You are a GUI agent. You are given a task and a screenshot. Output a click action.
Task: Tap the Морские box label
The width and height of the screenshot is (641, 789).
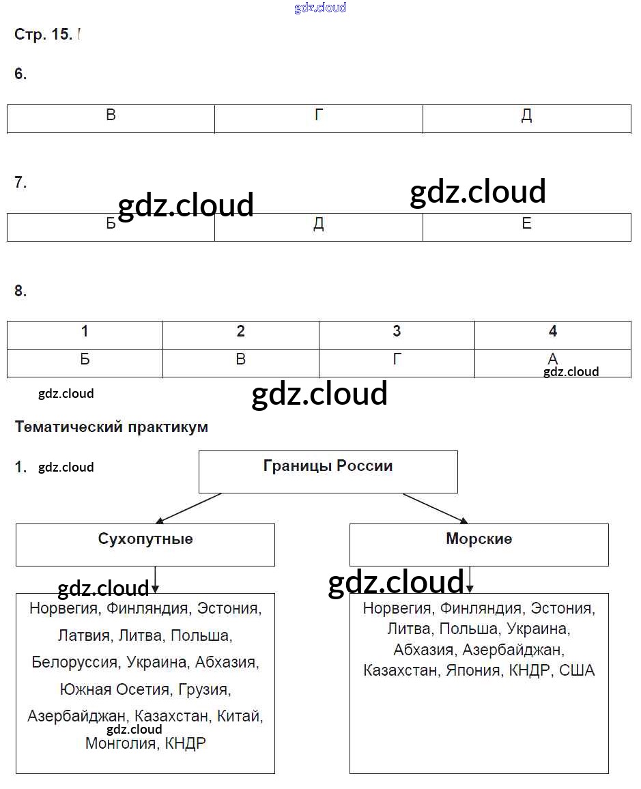point(479,539)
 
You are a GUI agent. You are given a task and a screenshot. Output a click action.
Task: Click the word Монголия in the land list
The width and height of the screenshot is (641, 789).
point(120,744)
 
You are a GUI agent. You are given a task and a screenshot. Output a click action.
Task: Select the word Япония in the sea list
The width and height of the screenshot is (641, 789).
point(472,670)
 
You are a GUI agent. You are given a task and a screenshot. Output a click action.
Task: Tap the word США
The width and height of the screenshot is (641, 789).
point(577,670)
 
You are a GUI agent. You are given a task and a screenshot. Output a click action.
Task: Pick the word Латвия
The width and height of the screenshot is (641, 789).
point(84,636)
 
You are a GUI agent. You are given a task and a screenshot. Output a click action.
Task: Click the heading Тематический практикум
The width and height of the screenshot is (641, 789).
point(111,427)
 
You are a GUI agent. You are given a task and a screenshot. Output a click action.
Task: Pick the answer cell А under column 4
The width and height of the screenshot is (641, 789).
point(552,360)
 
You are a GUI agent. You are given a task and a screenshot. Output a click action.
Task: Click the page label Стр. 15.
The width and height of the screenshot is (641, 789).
point(43,35)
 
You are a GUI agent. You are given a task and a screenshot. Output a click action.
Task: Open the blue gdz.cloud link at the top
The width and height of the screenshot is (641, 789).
point(320,8)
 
